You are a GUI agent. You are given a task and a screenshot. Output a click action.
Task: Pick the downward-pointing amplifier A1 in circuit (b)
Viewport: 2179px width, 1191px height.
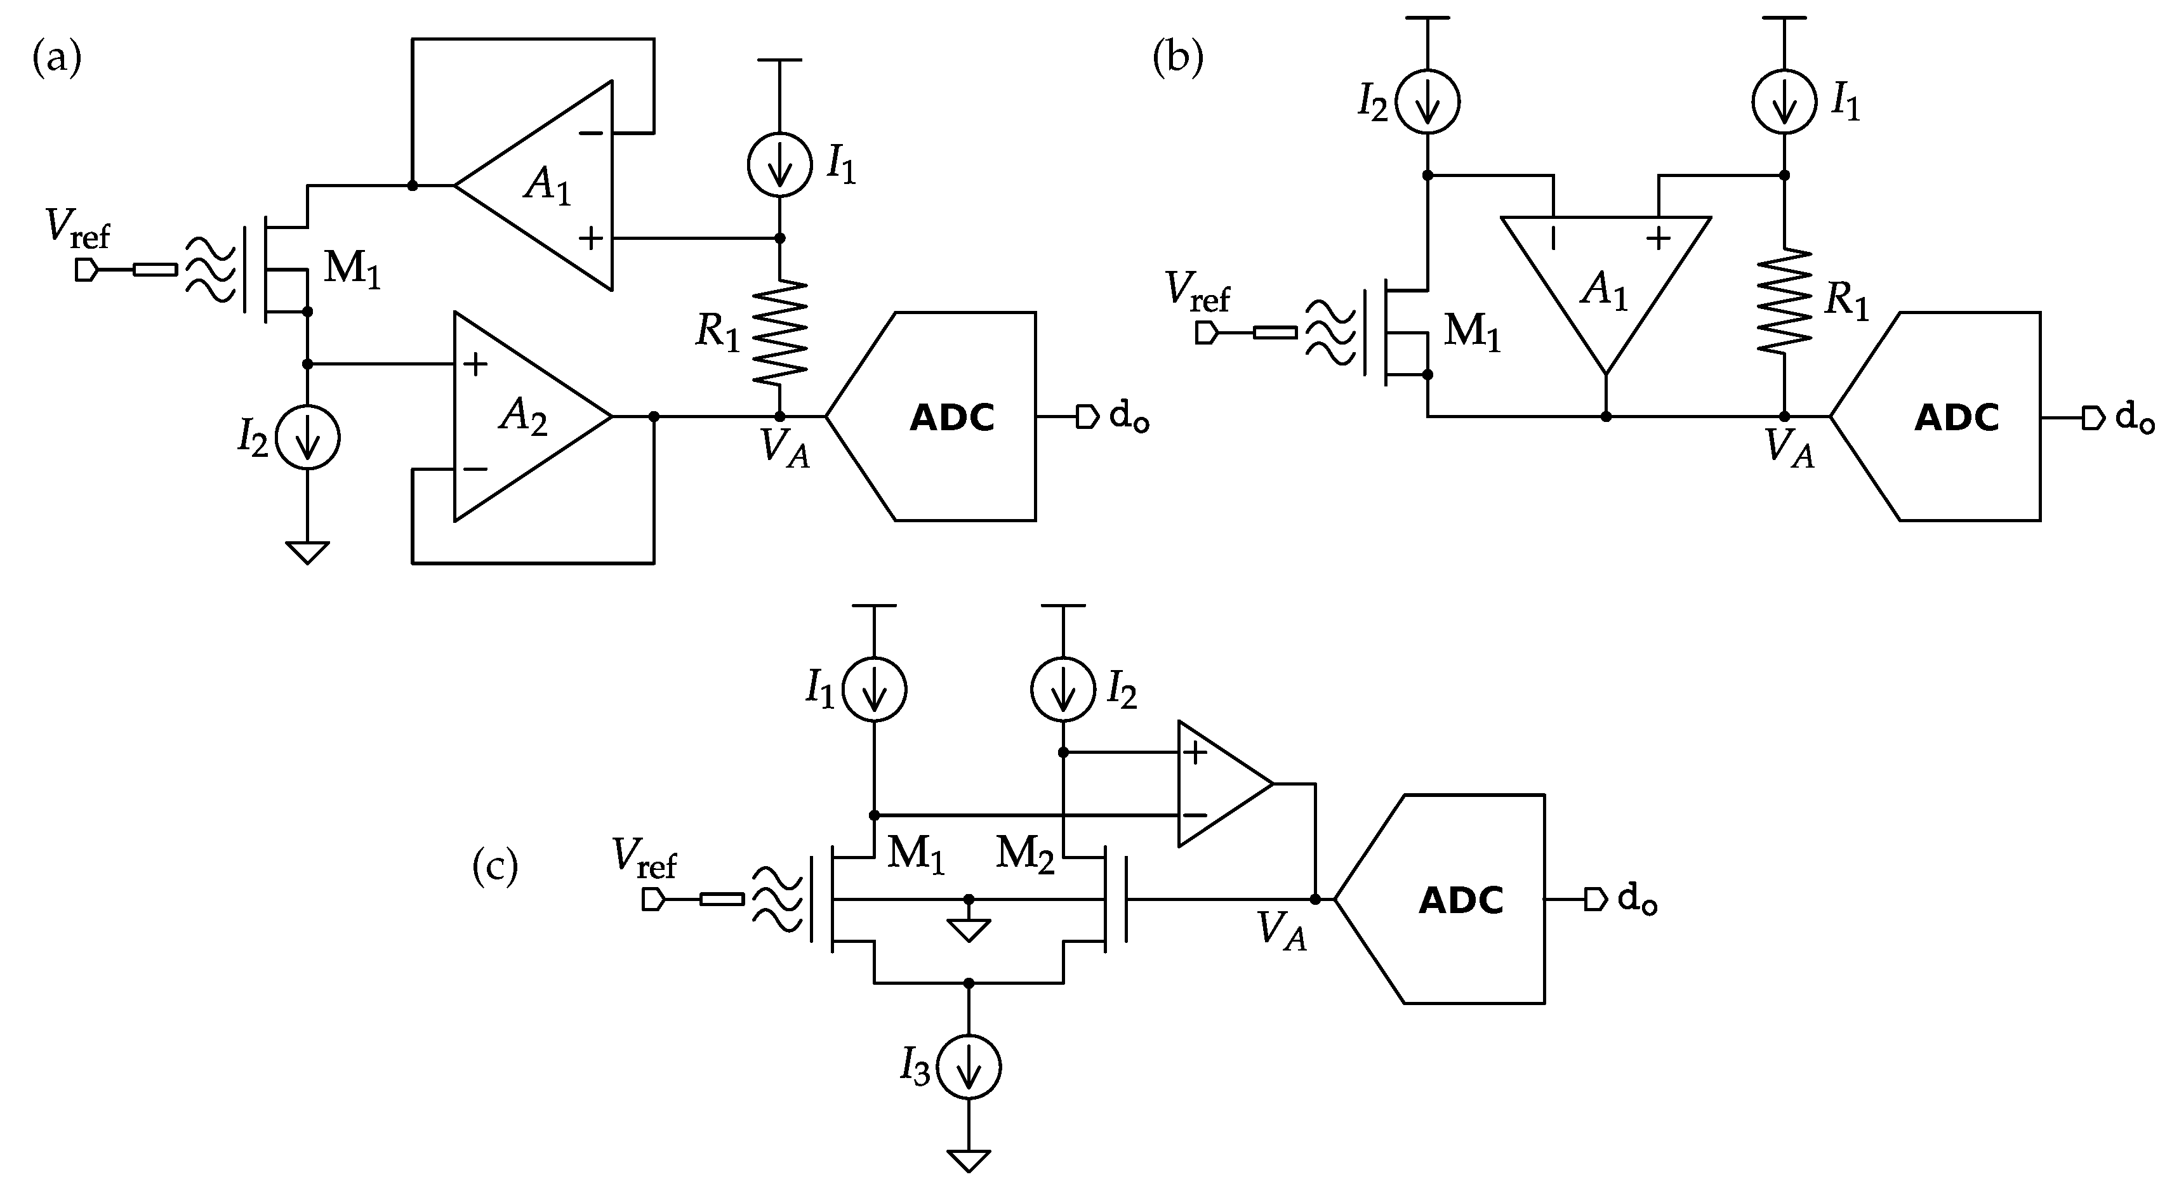click(x=1605, y=279)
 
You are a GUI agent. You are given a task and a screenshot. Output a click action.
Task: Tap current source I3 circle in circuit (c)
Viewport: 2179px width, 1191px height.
click(x=969, y=1067)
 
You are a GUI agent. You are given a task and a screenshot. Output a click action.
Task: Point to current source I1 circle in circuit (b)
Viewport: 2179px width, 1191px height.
click(x=1785, y=102)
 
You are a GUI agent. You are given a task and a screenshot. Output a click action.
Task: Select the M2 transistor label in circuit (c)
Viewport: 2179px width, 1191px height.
click(x=1024, y=853)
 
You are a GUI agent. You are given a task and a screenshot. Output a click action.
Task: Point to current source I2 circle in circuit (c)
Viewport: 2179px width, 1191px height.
click(x=1063, y=689)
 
